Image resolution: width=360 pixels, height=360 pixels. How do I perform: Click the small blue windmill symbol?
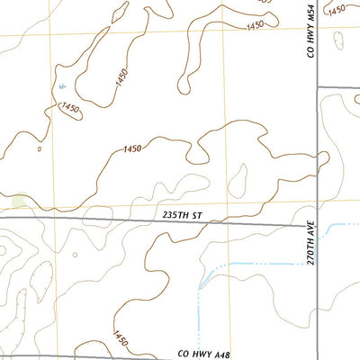[61, 85]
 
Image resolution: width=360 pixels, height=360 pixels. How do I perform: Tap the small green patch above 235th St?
[18, 201]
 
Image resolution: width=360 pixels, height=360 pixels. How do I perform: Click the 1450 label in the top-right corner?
[337, 10]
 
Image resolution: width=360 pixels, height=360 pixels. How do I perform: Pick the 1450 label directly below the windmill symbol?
[70, 109]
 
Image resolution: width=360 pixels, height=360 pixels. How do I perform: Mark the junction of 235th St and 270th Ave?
[316, 225]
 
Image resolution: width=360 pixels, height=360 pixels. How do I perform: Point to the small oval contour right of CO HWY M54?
[338, 40]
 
